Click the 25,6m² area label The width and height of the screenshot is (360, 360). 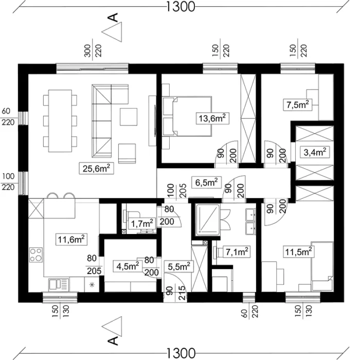(97, 169)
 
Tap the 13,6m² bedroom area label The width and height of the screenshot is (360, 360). (212, 118)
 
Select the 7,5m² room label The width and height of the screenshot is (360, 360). (298, 105)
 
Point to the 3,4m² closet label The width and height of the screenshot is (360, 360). (315, 152)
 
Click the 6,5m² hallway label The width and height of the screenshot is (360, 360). (207, 183)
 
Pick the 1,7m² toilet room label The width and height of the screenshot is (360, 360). (142, 223)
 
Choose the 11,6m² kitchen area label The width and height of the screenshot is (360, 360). (71, 240)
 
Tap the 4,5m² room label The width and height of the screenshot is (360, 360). (128, 266)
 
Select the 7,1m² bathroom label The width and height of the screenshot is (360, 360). (237, 252)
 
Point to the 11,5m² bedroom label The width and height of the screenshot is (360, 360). (298, 252)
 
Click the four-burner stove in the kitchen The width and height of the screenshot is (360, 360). (36, 255)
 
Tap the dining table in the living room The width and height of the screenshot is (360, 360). (60, 121)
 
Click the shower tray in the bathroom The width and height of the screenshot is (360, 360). (208, 219)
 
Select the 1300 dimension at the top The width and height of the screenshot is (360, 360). (180, 6)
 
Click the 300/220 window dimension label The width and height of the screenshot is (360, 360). (93, 50)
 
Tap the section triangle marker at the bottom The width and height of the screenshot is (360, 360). (112, 327)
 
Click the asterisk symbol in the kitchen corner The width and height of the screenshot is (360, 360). (92, 285)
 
